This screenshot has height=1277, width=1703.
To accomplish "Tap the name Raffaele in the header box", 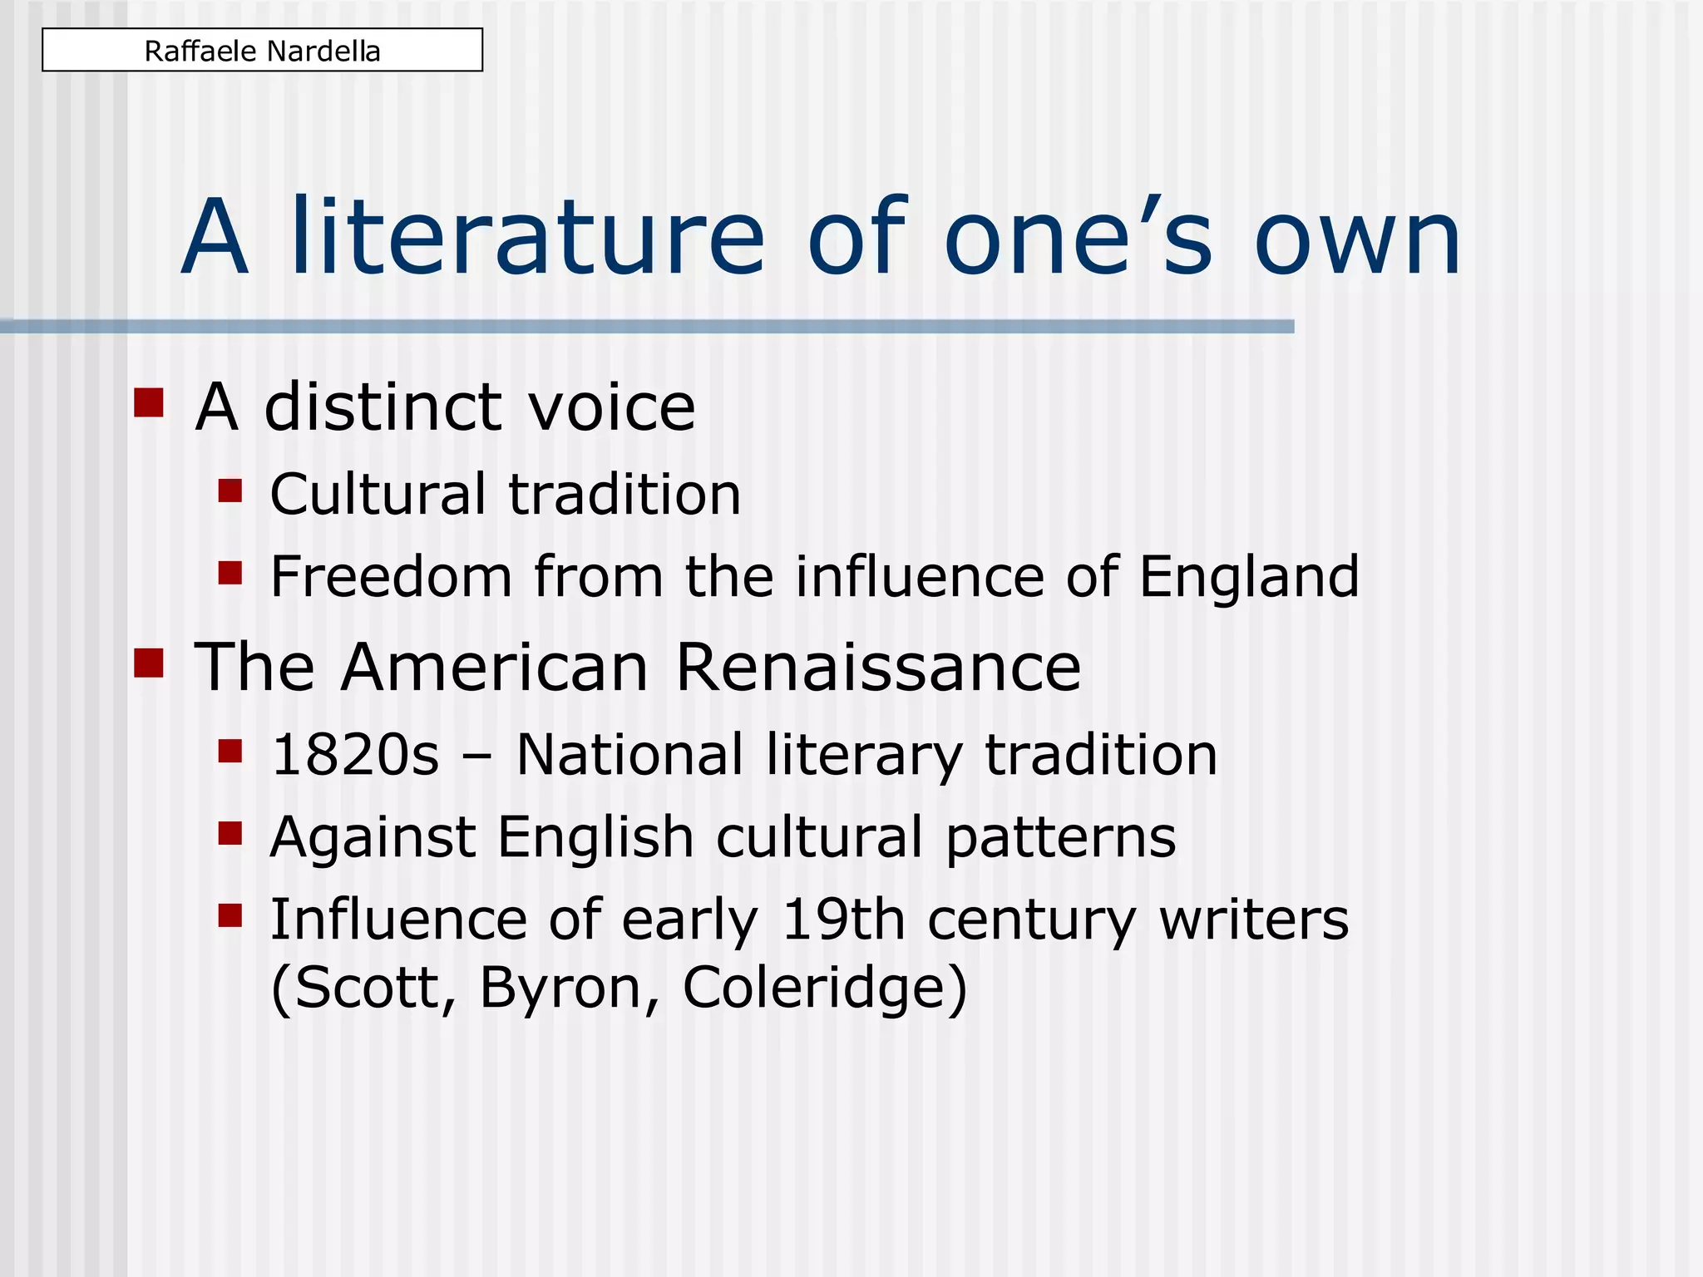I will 200,52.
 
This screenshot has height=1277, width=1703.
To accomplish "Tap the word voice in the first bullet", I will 612,407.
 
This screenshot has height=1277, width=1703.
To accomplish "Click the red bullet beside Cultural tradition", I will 230,491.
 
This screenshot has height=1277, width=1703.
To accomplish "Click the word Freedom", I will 391,576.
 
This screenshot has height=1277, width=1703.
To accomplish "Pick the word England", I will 1249,576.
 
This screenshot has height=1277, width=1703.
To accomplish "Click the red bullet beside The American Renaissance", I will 148,663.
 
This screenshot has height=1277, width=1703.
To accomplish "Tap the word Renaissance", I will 878,667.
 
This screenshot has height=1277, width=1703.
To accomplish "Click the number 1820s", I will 355,755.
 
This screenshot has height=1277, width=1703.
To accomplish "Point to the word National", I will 629,755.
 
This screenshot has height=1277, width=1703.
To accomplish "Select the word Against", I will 373,838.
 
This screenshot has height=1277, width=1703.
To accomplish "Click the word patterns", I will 1061,838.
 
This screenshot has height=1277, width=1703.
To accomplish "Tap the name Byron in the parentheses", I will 570,988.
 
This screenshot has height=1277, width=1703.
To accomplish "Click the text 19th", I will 843,920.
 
